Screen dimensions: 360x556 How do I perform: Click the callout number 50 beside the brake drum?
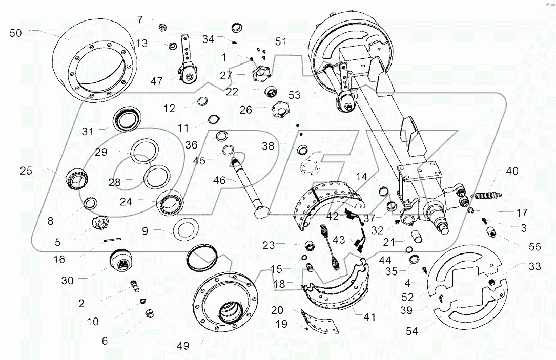16,33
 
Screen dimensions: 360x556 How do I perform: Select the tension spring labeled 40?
487,194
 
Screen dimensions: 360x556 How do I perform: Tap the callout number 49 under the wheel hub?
182,346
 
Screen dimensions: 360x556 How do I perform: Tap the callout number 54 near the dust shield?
411,331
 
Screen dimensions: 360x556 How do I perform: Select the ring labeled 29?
146,152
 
